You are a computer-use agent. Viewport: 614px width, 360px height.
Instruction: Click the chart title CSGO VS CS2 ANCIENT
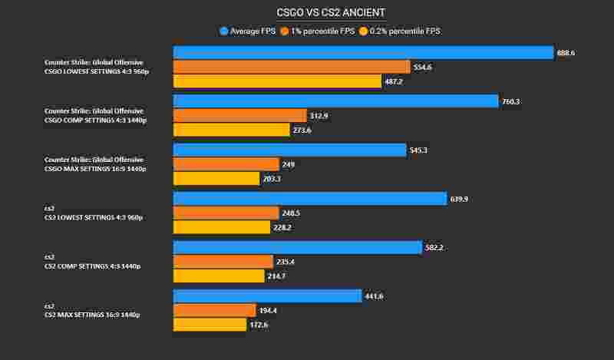[x=331, y=13]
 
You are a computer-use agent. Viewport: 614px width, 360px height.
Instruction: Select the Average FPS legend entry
[x=248, y=31]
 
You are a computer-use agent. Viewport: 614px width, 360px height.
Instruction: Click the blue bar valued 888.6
[x=363, y=52]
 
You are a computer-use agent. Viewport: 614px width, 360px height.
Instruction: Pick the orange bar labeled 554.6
[x=292, y=67]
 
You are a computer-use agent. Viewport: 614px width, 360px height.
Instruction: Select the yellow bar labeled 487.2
[x=277, y=81]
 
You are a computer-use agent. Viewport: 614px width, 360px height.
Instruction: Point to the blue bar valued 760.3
[x=335, y=101]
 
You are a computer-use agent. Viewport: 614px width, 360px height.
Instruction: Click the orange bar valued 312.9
[x=239, y=116]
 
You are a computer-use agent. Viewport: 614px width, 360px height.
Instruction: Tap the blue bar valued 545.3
[x=289, y=150]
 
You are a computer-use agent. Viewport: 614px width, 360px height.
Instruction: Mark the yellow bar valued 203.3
[x=216, y=179]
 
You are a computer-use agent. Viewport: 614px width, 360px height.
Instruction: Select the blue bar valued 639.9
[x=309, y=199]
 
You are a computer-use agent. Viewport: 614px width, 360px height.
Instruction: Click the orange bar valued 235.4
[x=223, y=262]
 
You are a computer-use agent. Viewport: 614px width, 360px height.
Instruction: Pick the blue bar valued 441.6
[x=267, y=296]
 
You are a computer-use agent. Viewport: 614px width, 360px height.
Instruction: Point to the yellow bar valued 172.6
[x=210, y=325]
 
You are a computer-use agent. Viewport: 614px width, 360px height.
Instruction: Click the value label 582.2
[x=435, y=247]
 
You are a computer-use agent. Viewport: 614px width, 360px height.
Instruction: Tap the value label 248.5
[x=292, y=213]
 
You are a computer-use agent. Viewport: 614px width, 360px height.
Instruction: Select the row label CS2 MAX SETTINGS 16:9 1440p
[x=92, y=315]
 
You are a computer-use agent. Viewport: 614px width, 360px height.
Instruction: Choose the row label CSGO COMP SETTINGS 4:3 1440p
[x=94, y=120]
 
